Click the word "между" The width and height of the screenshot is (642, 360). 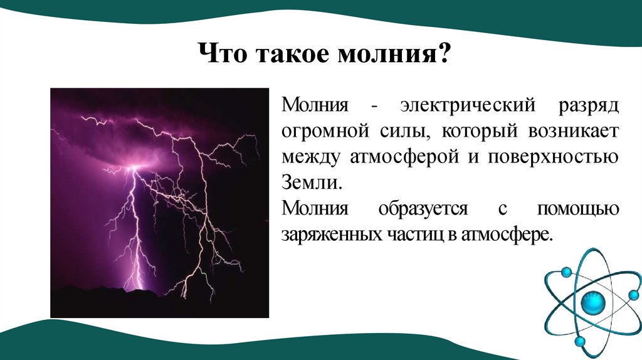click(x=307, y=159)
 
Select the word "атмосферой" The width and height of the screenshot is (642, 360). click(x=397, y=159)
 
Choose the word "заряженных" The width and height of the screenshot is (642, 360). click(x=326, y=235)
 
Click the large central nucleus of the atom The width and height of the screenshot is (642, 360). click(x=593, y=304)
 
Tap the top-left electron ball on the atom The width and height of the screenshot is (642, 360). click(x=566, y=272)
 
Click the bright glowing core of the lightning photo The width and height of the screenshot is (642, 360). click(x=133, y=167)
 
